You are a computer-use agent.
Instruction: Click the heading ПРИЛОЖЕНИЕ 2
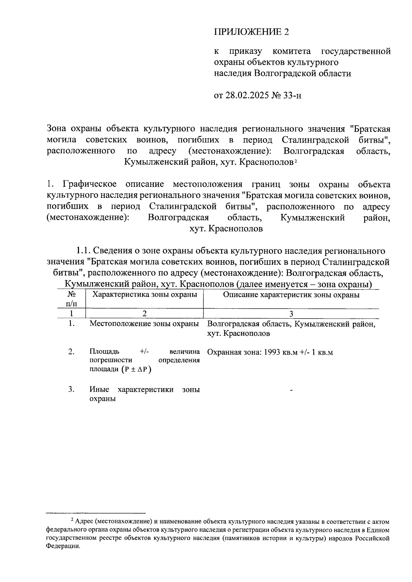coord(251,32)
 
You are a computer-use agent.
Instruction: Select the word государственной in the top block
coord(356,51)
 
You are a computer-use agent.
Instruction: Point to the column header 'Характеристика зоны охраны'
coord(145,295)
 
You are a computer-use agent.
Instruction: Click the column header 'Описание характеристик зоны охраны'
coord(291,295)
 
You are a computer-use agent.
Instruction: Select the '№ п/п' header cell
coord(71,299)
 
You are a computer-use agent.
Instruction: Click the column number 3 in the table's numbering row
coord(291,313)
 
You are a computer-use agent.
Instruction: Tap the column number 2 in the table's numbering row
coord(145,313)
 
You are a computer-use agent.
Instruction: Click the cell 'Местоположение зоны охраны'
coord(144,324)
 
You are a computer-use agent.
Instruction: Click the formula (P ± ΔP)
coord(136,369)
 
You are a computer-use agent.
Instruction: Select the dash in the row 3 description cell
coord(291,390)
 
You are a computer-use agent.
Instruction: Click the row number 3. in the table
coord(71,389)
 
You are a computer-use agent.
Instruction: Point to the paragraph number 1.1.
coord(83,251)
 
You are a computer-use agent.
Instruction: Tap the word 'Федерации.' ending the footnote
coord(63,547)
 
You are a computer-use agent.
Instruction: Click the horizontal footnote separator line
coord(96,513)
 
